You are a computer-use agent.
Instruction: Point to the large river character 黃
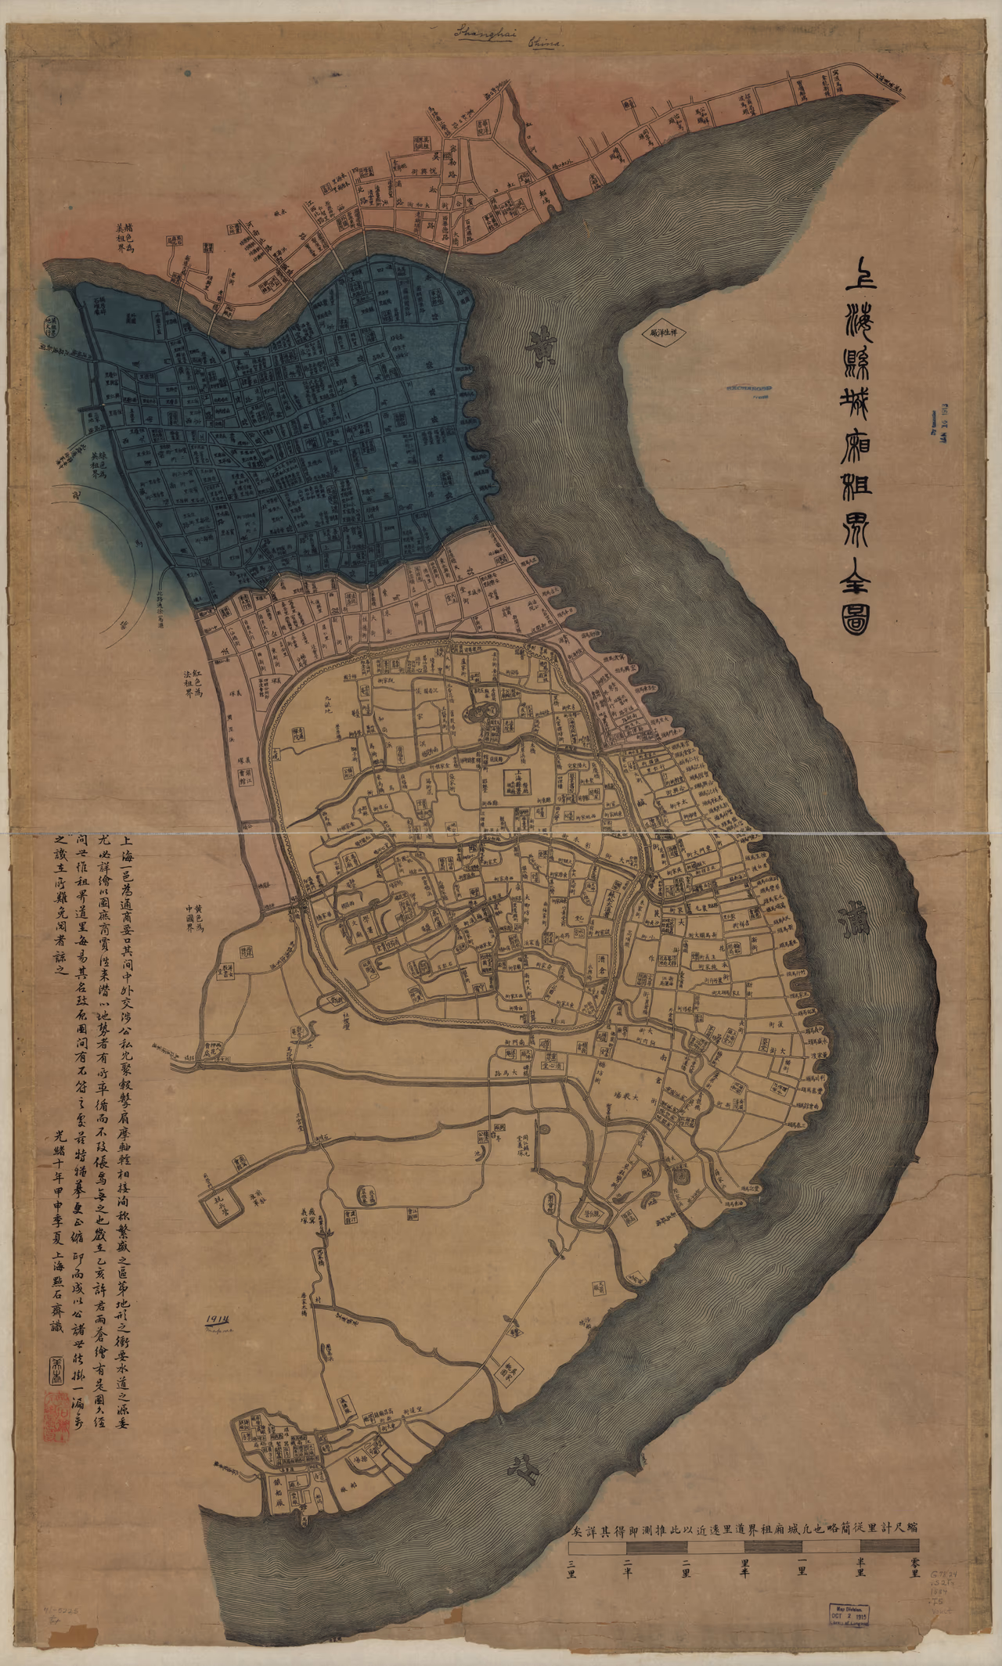tap(539, 342)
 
